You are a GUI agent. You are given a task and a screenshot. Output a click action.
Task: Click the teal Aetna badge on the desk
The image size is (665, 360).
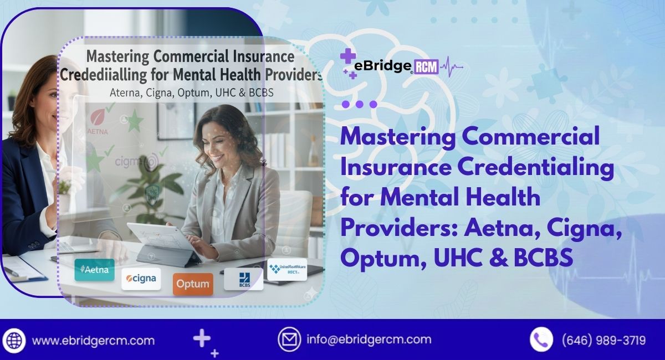tap(94, 270)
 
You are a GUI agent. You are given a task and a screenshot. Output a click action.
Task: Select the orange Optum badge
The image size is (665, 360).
tap(192, 285)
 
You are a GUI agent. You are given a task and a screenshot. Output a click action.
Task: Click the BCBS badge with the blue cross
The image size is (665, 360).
tap(243, 278)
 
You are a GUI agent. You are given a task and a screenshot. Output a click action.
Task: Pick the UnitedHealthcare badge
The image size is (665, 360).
tap(287, 270)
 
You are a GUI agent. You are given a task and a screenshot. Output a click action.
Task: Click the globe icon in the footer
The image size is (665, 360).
tap(14, 340)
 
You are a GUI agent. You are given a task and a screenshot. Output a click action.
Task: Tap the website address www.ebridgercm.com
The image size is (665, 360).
tap(93, 340)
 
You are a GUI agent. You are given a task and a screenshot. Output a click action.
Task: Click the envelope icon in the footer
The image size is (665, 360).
tap(289, 340)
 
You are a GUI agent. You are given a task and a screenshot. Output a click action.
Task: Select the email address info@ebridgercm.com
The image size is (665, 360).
tap(369, 340)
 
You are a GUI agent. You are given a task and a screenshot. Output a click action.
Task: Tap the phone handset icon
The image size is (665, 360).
tap(541, 340)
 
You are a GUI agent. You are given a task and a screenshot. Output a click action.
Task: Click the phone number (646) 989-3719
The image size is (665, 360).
tap(603, 340)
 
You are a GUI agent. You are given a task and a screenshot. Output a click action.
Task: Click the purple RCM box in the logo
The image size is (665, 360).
tap(426, 68)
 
